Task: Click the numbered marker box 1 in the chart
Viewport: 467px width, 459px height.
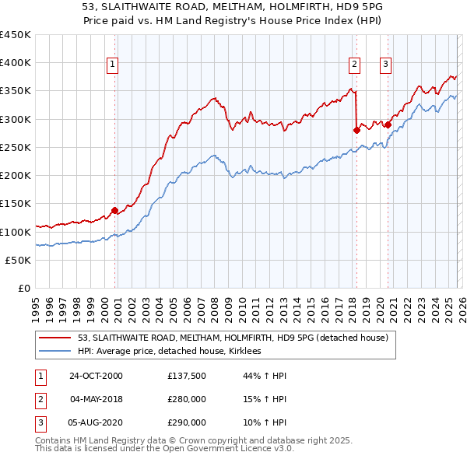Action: point(113,65)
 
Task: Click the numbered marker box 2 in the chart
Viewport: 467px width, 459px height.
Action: point(355,65)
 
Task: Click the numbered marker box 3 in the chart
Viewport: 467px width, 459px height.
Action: point(386,65)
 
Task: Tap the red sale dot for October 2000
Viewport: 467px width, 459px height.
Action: point(114,210)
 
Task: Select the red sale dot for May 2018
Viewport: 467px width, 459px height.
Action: point(356,130)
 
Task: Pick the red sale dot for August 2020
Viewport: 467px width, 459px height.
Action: point(388,124)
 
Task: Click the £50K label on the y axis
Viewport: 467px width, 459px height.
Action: point(19,261)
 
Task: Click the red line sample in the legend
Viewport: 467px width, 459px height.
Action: point(55,338)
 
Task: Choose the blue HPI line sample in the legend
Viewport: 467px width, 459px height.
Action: point(55,352)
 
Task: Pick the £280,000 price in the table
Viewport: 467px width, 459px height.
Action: point(187,400)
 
